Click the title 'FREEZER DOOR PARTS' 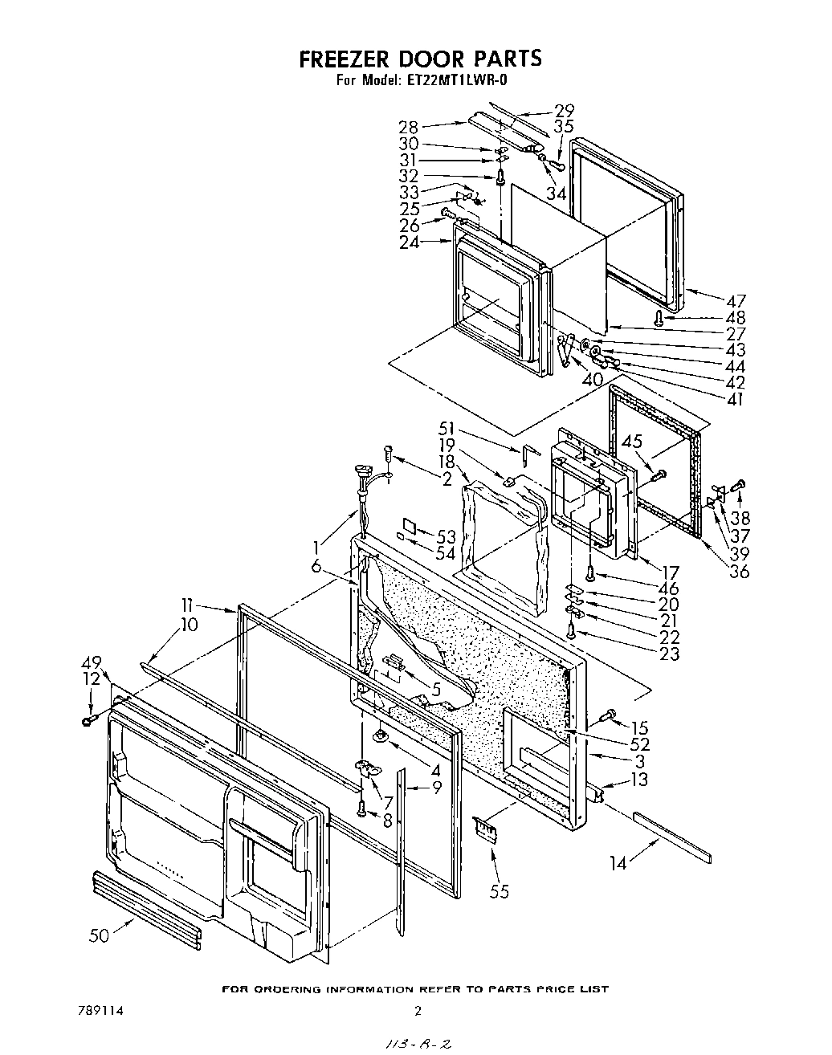pos(420,59)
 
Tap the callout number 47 pos(736,301)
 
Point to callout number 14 pos(618,863)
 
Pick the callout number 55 pos(499,891)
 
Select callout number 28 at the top pos(410,126)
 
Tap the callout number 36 pos(738,572)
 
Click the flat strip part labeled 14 pos(672,835)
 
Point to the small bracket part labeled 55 pos(483,828)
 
